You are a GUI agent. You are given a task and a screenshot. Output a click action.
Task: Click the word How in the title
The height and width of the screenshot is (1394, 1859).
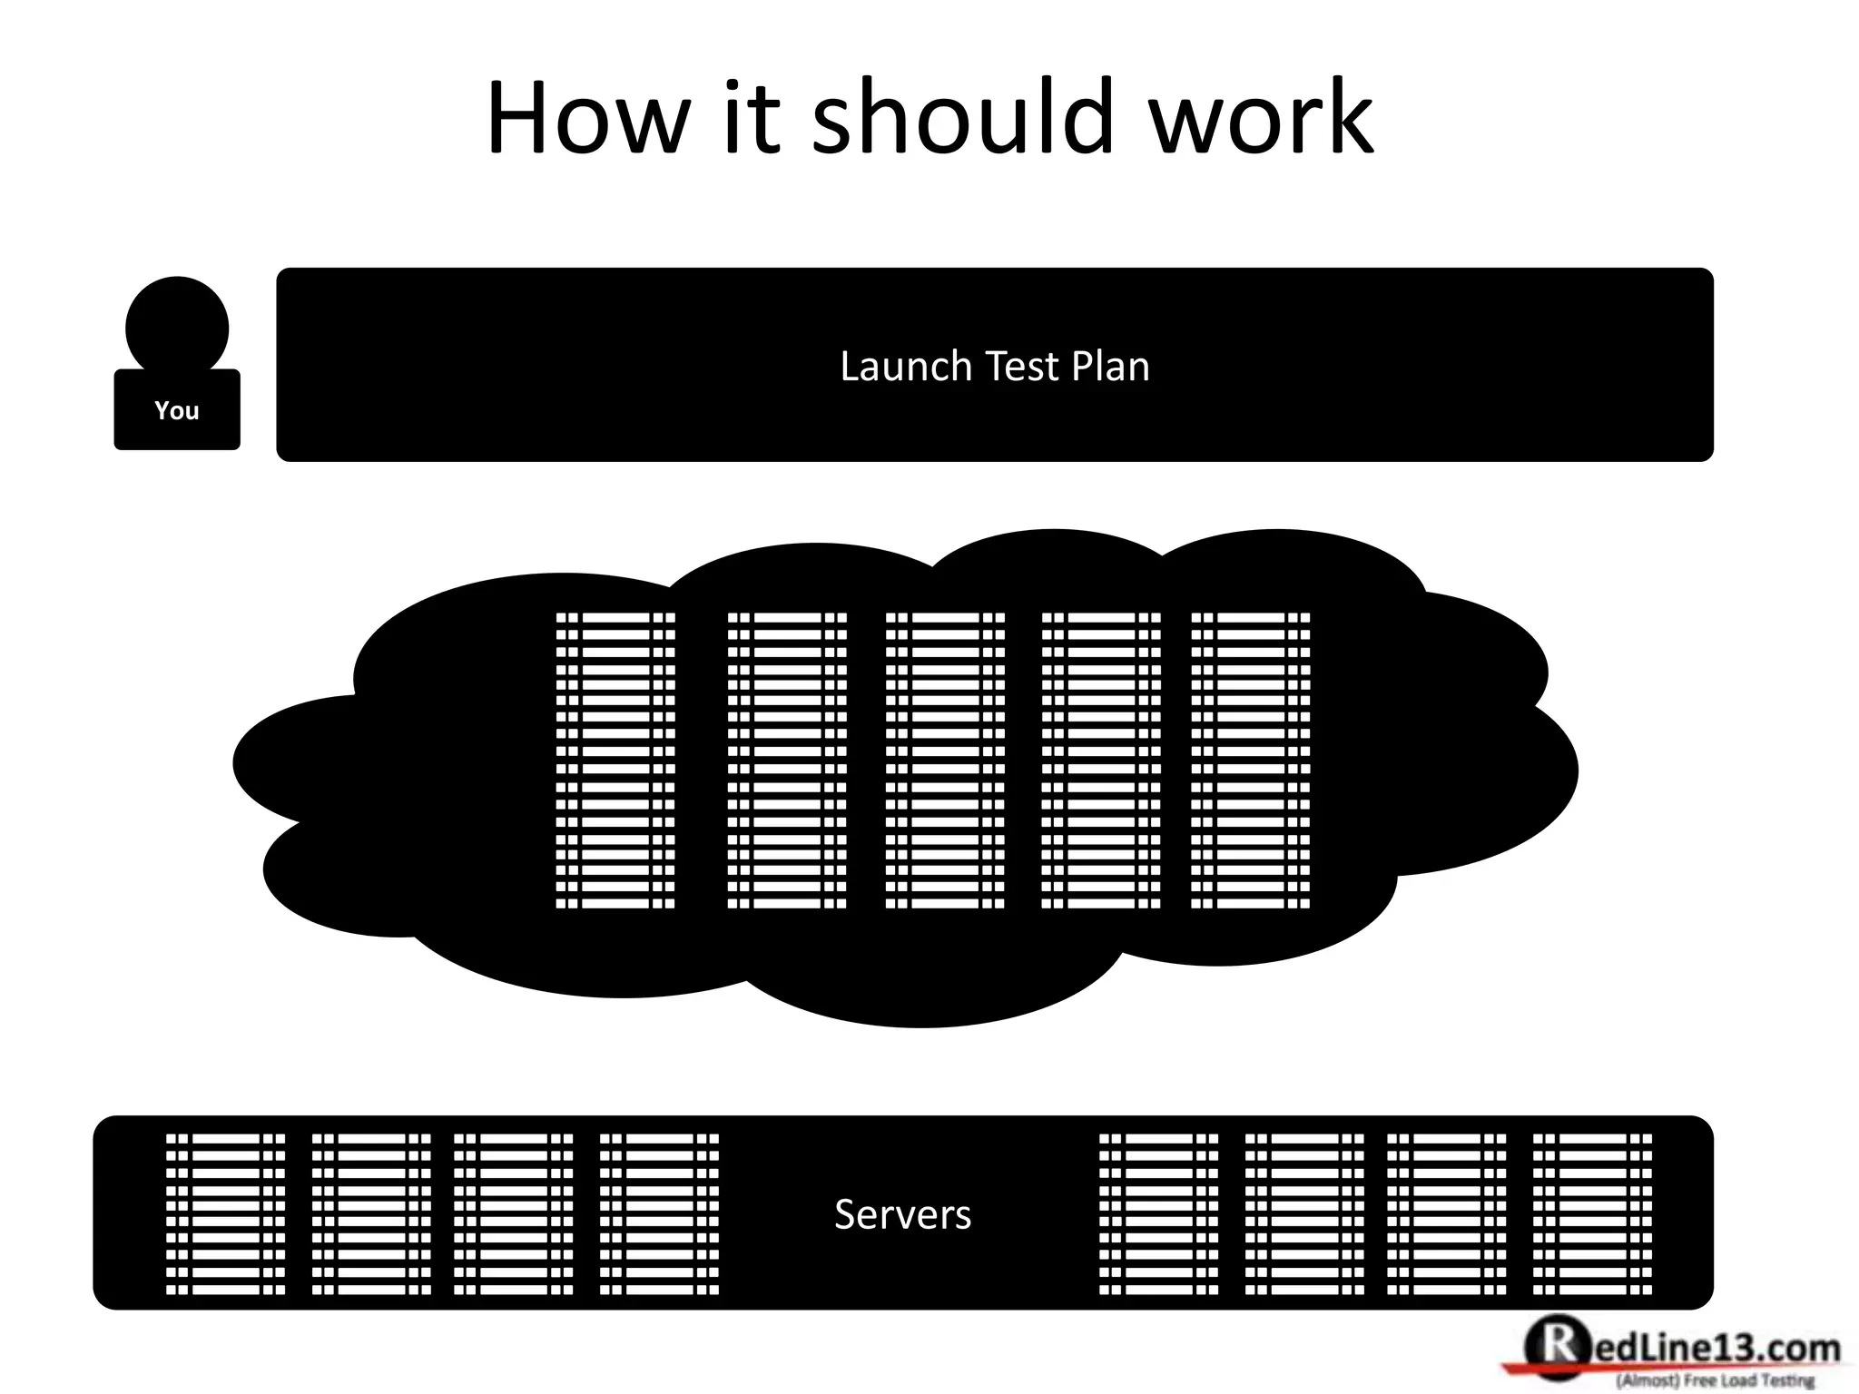point(588,118)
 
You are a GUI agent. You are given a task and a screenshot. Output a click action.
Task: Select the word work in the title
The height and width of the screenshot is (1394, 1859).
point(1262,118)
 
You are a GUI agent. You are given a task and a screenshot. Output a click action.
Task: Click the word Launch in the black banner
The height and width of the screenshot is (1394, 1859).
point(906,367)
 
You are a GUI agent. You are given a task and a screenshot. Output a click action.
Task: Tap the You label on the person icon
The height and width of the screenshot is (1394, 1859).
point(177,411)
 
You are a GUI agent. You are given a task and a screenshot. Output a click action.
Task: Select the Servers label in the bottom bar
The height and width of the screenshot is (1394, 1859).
point(902,1214)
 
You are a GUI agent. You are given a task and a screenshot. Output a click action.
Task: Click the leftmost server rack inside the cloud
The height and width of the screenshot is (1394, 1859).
point(615,761)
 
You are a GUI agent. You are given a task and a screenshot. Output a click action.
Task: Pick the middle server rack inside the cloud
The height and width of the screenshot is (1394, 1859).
point(945,761)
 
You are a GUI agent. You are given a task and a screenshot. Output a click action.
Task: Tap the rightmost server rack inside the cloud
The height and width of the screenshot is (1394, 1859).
point(1251,761)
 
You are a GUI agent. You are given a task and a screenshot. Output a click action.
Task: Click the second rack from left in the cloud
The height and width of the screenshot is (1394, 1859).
point(787,761)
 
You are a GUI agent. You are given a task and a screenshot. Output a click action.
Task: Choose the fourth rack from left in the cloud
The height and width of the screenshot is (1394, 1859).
point(1101,761)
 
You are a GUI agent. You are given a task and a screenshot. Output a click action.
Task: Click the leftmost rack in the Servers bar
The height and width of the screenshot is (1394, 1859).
point(225,1214)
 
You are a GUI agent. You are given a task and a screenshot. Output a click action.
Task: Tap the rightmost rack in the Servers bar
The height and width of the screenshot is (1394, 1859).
point(1593,1214)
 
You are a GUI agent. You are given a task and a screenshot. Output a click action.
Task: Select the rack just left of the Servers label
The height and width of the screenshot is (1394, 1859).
point(659,1214)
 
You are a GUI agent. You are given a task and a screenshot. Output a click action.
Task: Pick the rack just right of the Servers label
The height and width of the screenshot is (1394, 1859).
point(1159,1214)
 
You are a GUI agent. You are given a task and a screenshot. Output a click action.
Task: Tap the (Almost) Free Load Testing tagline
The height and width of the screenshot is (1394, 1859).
point(1715,1381)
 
